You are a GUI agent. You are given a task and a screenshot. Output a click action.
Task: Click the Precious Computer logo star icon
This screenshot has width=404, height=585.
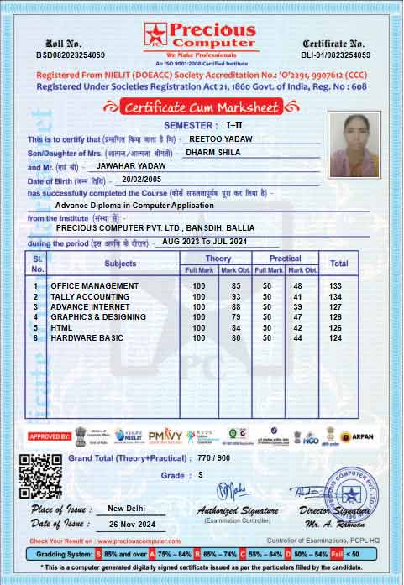(x=155, y=34)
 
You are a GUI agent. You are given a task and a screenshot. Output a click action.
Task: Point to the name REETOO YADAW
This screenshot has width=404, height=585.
(x=220, y=138)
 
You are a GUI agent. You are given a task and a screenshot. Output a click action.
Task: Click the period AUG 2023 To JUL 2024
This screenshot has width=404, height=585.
(x=204, y=242)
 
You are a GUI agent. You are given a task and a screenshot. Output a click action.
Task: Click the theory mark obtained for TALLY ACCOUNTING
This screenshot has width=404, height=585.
(x=236, y=297)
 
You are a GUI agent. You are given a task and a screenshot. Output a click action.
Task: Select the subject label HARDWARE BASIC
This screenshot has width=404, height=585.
(x=87, y=337)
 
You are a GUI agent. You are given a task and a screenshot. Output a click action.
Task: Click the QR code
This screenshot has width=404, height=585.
(x=39, y=476)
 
